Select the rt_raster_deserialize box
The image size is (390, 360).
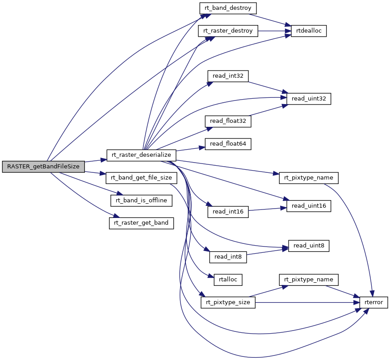pyautogui.click(x=142, y=155)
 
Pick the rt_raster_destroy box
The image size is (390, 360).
pyautogui.click(x=228, y=31)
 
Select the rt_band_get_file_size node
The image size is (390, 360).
pyautogui.click(x=142, y=177)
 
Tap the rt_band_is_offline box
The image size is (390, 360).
pyautogui.click(x=142, y=200)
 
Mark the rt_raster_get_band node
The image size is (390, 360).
pyautogui.click(x=142, y=222)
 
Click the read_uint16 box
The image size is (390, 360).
pyautogui.click(x=308, y=205)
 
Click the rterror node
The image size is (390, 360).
pyautogui.click(x=373, y=302)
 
